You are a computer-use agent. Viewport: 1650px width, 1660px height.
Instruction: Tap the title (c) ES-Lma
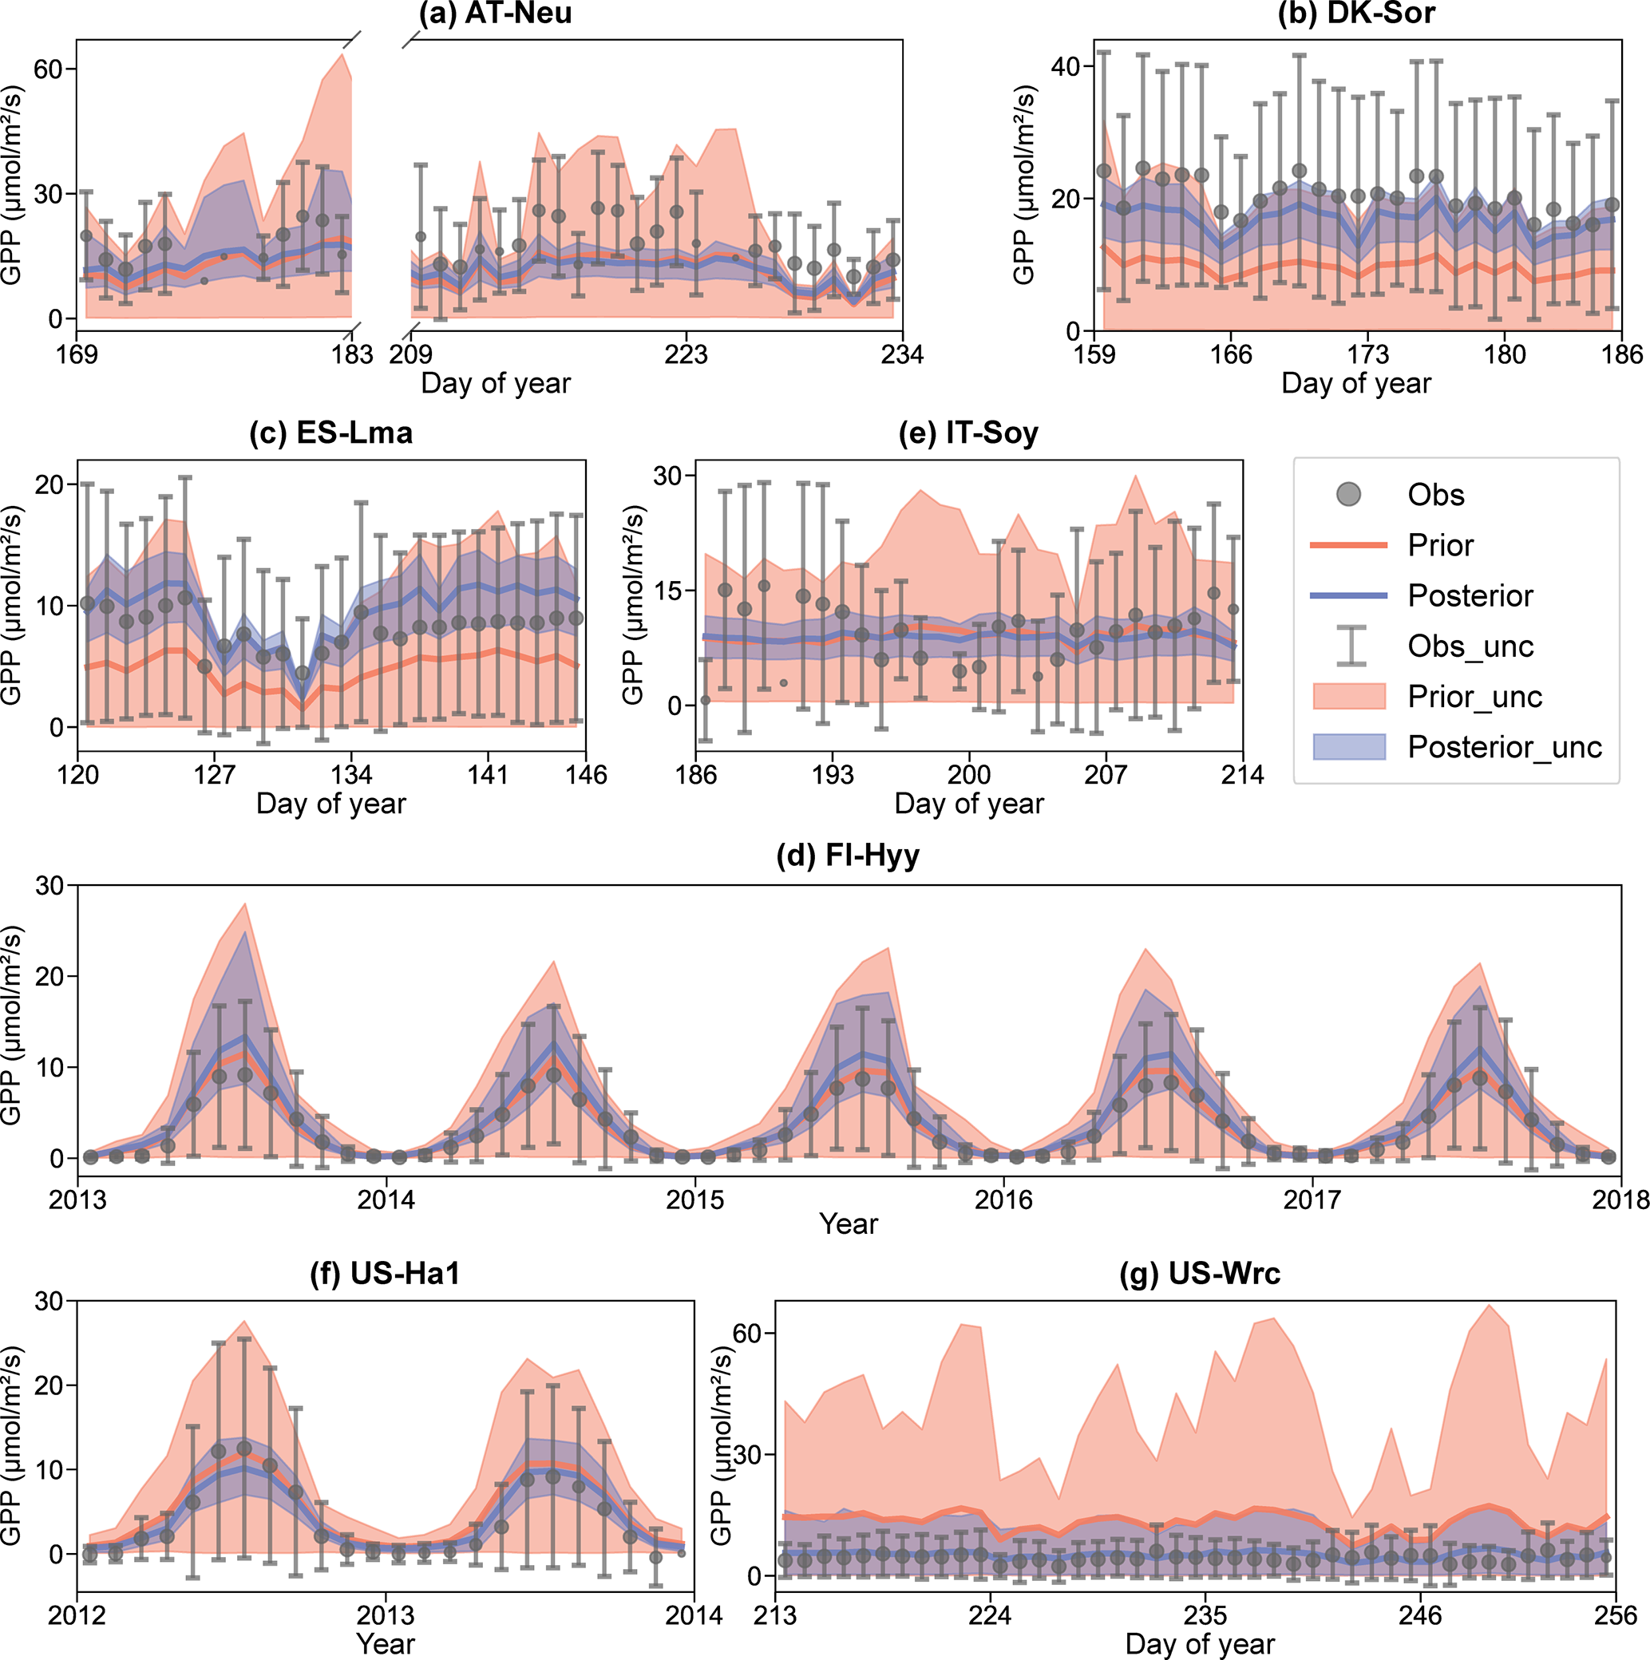(330, 433)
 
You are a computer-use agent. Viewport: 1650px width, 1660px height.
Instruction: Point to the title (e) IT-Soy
(968, 433)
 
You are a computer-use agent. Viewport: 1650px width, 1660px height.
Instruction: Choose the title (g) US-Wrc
(1200, 1274)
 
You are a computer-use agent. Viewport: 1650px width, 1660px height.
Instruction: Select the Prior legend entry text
(1440, 546)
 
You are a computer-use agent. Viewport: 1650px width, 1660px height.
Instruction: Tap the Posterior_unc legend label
(1505, 748)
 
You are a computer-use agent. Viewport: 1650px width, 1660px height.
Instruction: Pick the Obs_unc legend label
(1470, 646)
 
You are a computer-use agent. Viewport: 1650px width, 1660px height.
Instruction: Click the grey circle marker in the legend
(1348, 494)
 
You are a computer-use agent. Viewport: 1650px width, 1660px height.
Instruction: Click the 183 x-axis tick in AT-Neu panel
(352, 355)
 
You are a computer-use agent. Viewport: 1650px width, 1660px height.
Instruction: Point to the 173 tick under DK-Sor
(1367, 355)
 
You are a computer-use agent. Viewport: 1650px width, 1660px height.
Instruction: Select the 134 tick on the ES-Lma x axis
(351, 775)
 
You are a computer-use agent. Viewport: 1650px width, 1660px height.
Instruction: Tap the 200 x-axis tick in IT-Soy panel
(968, 775)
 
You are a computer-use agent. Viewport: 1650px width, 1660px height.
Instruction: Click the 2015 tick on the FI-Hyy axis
(694, 1200)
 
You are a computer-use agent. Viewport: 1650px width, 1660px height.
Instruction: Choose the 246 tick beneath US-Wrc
(1419, 1616)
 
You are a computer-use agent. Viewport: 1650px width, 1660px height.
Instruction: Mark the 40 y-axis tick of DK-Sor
(1065, 67)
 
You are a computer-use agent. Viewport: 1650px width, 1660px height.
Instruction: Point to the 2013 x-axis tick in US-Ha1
(386, 1616)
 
